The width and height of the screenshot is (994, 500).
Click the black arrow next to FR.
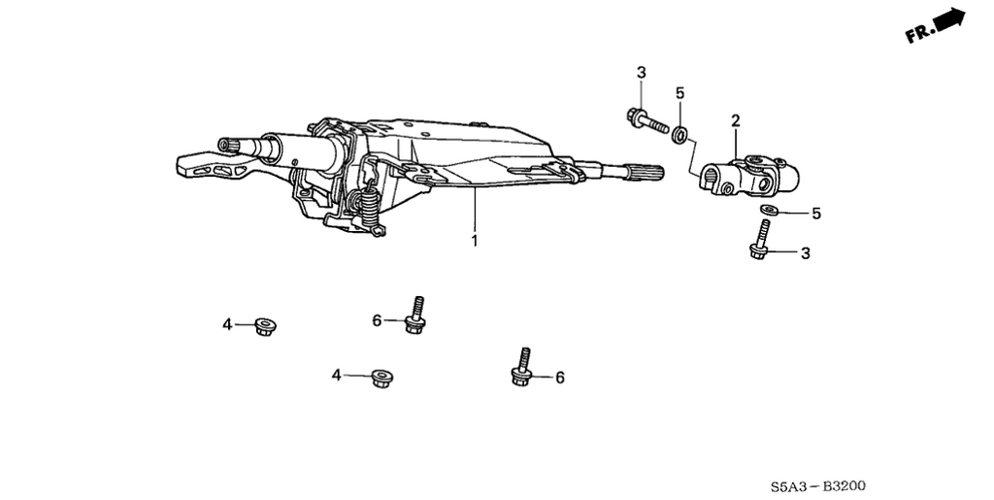pyautogui.click(x=949, y=19)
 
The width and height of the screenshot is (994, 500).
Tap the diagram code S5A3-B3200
pyautogui.click(x=817, y=486)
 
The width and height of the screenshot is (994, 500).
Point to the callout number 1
pyautogui.click(x=474, y=241)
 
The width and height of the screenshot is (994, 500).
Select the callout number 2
pyautogui.click(x=736, y=120)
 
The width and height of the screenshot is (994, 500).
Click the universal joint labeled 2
pyautogui.click(x=749, y=176)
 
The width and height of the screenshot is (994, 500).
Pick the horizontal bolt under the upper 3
pyautogui.click(x=647, y=121)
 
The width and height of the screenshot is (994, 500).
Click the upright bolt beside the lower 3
pyautogui.click(x=759, y=239)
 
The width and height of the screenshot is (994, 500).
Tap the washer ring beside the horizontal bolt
pyautogui.click(x=680, y=135)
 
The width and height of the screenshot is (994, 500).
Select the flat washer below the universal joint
pyautogui.click(x=769, y=210)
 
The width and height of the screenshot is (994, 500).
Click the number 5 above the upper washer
pyautogui.click(x=679, y=93)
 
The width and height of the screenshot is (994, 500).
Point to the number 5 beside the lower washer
pyautogui.click(x=815, y=214)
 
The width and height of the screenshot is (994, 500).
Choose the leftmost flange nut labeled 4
pyautogui.click(x=264, y=326)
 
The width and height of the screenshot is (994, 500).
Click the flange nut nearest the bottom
pyautogui.click(x=381, y=378)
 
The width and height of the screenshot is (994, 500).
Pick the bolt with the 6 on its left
pyautogui.click(x=414, y=316)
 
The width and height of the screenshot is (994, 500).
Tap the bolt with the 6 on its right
pyautogui.click(x=521, y=367)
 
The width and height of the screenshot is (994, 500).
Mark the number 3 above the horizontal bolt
pyautogui.click(x=641, y=73)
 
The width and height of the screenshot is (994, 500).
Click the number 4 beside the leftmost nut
pyautogui.click(x=227, y=325)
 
